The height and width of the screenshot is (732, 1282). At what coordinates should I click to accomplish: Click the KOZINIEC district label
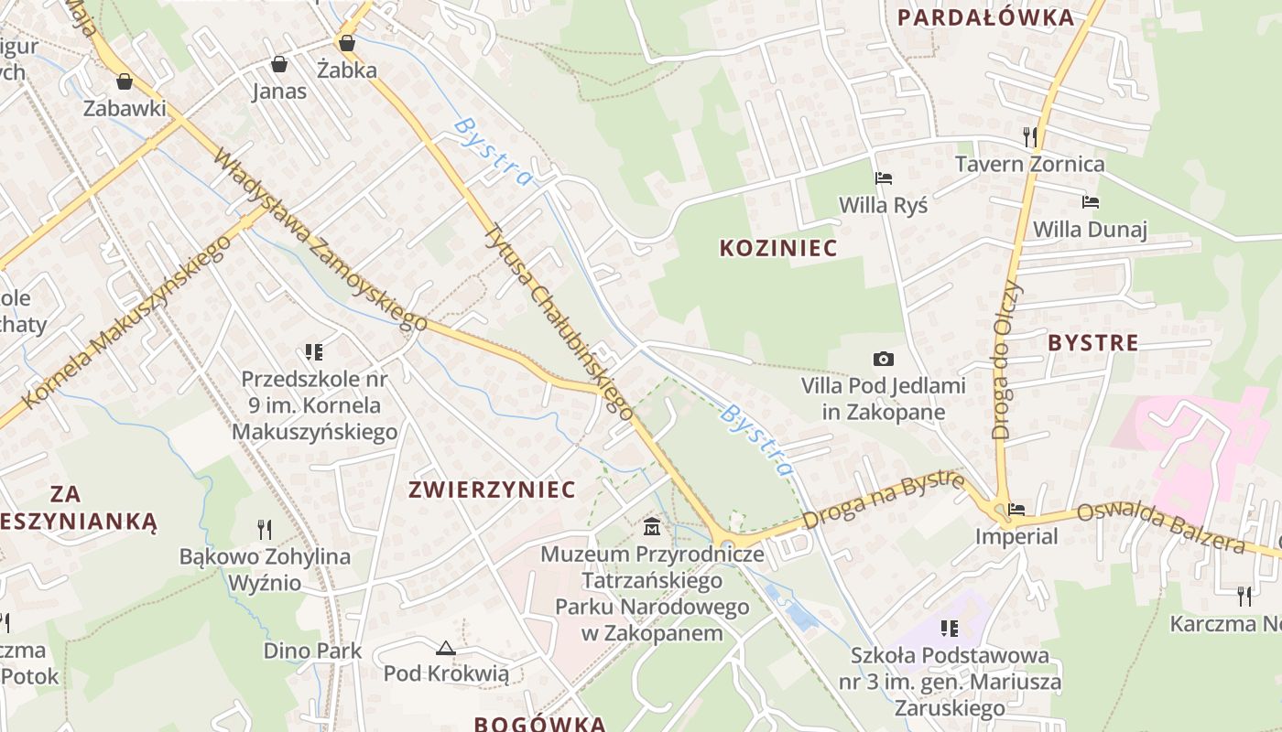click(778, 248)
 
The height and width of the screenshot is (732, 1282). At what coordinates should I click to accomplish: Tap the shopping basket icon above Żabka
click(346, 42)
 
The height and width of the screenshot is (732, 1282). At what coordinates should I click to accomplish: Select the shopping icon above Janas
click(279, 64)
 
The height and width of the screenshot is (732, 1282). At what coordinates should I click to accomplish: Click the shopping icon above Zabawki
click(125, 81)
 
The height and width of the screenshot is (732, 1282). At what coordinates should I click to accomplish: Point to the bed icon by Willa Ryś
click(883, 178)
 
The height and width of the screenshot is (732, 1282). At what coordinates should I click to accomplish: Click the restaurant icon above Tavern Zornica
click(1030, 137)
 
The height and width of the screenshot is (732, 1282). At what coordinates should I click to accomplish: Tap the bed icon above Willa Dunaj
click(1090, 202)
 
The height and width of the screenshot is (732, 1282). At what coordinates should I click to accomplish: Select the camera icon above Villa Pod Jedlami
click(883, 359)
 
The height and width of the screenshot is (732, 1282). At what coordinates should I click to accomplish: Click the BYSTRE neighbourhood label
click(1092, 343)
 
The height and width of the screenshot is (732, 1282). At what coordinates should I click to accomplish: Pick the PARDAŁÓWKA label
click(985, 17)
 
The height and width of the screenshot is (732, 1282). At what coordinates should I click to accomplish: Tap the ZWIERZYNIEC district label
click(492, 490)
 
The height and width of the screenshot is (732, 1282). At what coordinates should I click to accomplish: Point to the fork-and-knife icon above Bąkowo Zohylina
click(265, 529)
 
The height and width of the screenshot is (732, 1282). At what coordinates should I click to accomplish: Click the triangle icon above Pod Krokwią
click(445, 648)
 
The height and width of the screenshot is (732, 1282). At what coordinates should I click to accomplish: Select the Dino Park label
click(312, 651)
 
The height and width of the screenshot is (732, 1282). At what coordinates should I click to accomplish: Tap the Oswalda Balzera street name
click(1160, 529)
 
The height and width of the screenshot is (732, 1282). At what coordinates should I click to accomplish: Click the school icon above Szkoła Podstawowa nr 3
click(950, 629)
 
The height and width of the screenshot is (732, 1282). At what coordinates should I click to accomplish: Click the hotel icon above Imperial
click(1016, 510)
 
